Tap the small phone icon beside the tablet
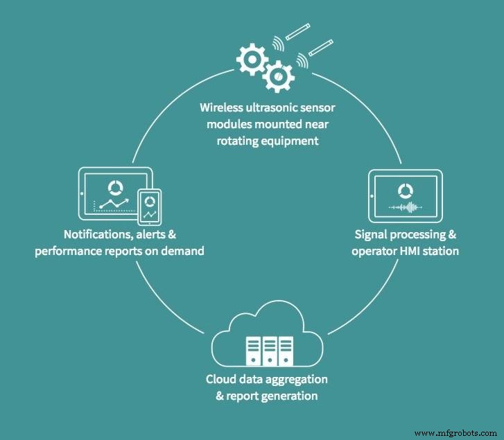(148, 205)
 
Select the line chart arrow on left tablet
(114, 202)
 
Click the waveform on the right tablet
(405, 206)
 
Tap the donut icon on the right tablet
(404, 191)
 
